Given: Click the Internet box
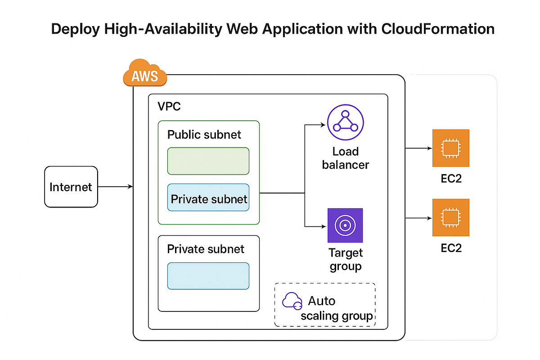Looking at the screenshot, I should click(x=71, y=187).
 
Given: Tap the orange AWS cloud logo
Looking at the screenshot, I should click(x=144, y=74).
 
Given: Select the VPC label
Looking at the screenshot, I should click(x=169, y=107).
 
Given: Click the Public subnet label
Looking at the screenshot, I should click(x=204, y=135).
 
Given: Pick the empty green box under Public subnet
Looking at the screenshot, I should click(x=208, y=161).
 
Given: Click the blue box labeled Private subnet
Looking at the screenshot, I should click(x=208, y=198).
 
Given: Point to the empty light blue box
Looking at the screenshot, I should click(x=208, y=276).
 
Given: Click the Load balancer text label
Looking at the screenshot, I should click(x=345, y=158).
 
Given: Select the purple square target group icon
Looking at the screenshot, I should click(x=345, y=225).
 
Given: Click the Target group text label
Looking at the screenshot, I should click(x=345, y=259).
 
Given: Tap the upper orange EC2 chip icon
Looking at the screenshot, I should click(x=450, y=148).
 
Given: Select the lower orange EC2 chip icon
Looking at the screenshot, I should click(x=450, y=217).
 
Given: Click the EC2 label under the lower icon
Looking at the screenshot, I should click(x=451, y=248).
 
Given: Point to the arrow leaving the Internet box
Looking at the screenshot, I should click(x=115, y=186).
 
